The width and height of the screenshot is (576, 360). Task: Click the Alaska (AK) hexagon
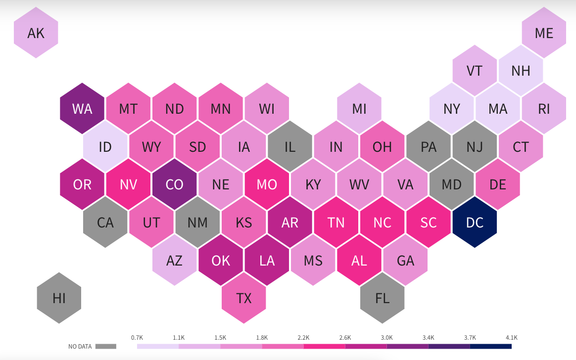pyautogui.click(x=36, y=33)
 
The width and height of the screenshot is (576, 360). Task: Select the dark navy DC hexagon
pyautogui.click(x=475, y=223)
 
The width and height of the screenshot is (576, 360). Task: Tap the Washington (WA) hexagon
pyautogui.click(x=82, y=109)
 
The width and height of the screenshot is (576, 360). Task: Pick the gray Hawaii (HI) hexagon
pyautogui.click(x=59, y=298)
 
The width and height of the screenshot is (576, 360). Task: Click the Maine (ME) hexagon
pyautogui.click(x=544, y=33)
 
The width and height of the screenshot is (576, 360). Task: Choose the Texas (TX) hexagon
pyautogui.click(x=244, y=298)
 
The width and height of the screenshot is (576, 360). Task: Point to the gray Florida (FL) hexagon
pyautogui.click(x=383, y=298)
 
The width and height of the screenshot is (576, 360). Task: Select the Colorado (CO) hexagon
pyautogui.click(x=175, y=184)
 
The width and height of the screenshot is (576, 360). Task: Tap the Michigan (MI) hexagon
pyautogui.click(x=359, y=109)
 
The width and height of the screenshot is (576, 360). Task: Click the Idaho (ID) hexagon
pyautogui.click(x=105, y=147)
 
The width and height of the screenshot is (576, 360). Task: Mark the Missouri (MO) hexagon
pyautogui.click(x=267, y=184)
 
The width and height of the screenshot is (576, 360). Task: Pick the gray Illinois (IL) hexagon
pyautogui.click(x=290, y=147)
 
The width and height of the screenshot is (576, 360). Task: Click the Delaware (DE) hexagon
pyautogui.click(x=498, y=184)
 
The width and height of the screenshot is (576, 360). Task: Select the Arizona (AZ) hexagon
pyautogui.click(x=175, y=260)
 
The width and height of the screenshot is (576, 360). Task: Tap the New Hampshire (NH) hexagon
pyautogui.click(x=521, y=70)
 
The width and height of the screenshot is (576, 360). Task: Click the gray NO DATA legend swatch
pyautogui.click(x=105, y=347)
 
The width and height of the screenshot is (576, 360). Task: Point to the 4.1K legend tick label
pyautogui.click(x=512, y=337)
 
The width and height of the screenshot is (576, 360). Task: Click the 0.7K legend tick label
pyautogui.click(x=137, y=337)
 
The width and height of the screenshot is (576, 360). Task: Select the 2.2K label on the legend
pyautogui.click(x=303, y=337)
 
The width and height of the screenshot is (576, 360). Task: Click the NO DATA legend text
pyautogui.click(x=80, y=347)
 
